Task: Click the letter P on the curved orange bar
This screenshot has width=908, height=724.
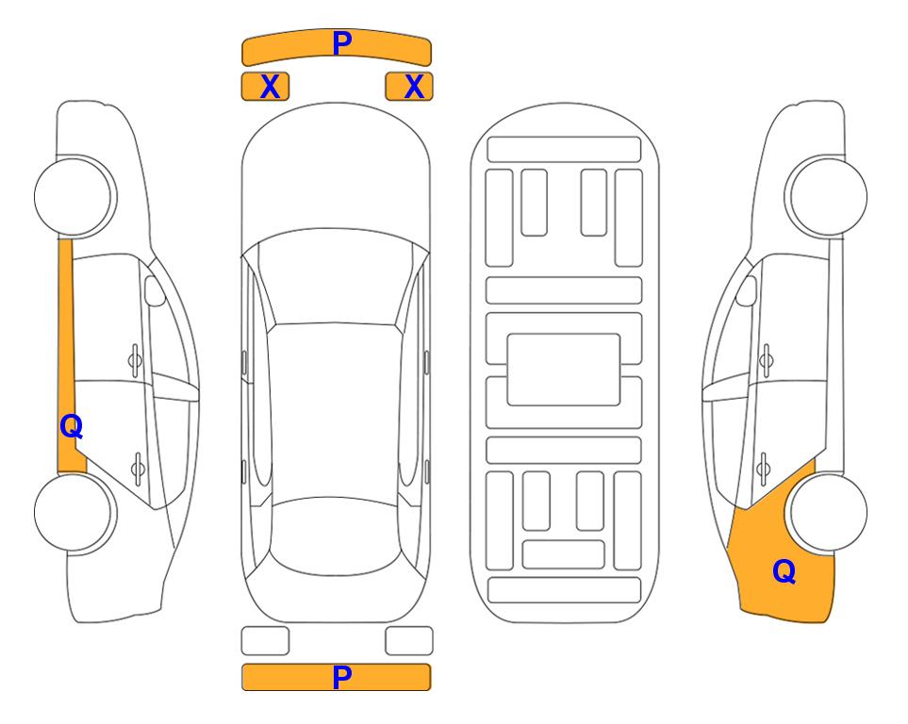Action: coord(342,42)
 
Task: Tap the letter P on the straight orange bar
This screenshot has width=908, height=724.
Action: coord(342,677)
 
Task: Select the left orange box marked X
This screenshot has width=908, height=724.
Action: coord(265,87)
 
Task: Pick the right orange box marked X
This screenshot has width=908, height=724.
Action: coord(409,87)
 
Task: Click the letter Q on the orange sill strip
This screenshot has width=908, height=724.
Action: coord(72,427)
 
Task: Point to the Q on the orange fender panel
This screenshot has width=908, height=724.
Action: coord(784,571)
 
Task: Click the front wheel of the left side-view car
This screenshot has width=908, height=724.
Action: coord(74,196)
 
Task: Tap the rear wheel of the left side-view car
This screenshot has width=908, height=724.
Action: coord(74,512)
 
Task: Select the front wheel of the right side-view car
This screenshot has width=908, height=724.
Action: coord(826,196)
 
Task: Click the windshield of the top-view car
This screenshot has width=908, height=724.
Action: coord(336,277)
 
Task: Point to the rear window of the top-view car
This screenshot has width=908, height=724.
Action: coord(336,535)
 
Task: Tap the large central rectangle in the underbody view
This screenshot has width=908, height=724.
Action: coord(564,370)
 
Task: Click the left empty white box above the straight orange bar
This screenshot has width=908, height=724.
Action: coord(265,641)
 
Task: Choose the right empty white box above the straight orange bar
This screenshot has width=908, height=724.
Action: coord(409,641)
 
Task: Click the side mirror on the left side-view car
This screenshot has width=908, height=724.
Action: coord(155,290)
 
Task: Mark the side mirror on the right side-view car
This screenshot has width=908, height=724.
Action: coord(747,290)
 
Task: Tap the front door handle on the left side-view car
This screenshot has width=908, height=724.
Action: coord(135,360)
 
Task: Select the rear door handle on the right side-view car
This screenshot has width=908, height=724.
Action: coord(765,469)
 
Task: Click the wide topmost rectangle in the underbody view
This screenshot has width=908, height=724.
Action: coord(564,150)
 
